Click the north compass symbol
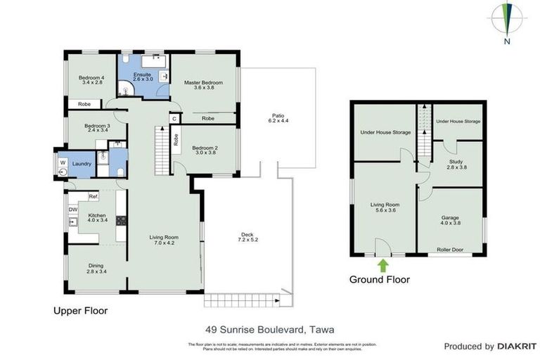(506, 21)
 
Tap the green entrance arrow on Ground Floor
(383, 265)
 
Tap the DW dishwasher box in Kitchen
(72, 209)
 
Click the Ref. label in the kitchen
(93, 196)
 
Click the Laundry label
(82, 164)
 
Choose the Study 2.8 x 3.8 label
(455, 165)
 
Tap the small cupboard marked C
(174, 119)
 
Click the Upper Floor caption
(81, 309)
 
